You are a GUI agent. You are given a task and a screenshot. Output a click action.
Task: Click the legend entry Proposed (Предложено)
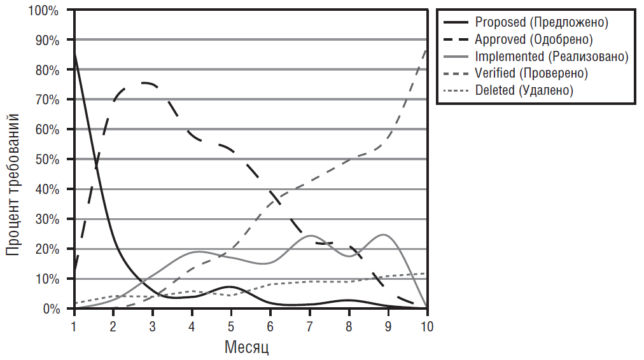pos(542,22)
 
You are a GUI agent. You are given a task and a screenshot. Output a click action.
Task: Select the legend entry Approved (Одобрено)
pos(534,39)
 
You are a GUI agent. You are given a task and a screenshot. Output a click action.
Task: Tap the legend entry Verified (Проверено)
pos(531,73)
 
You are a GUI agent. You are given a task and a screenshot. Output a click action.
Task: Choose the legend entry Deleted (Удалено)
pos(524,90)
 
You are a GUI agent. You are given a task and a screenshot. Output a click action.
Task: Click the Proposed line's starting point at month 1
pos(75,55)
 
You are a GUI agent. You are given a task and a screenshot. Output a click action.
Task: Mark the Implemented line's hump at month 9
pos(384,235)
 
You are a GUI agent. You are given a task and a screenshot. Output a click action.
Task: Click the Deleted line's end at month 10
pos(426,273)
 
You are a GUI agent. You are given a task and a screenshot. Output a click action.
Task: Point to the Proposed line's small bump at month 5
pos(230,287)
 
